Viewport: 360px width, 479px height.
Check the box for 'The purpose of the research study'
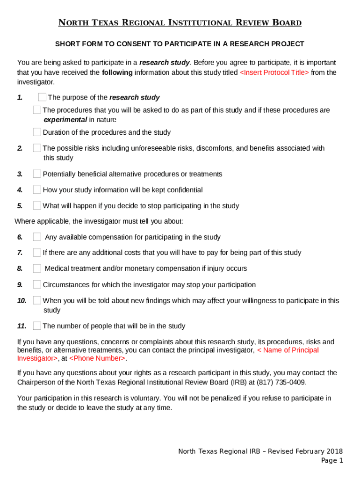point(42,97)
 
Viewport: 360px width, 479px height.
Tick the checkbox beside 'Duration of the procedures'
point(37,132)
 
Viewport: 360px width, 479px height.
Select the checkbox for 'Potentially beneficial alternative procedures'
point(37,174)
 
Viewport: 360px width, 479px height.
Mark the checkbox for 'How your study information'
point(37,190)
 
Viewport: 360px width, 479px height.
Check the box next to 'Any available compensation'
point(37,237)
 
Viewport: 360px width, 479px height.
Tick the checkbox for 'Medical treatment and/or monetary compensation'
point(37,269)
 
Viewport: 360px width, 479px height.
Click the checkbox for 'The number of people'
point(37,326)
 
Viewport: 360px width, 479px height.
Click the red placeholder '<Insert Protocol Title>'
point(274,73)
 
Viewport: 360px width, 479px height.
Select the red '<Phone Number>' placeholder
point(98,358)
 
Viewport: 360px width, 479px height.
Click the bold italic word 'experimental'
point(65,120)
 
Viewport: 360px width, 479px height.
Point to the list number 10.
point(22,301)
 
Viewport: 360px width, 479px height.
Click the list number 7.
point(20,253)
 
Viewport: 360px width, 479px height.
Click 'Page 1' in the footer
point(332,461)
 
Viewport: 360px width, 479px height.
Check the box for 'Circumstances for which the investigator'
point(37,284)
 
